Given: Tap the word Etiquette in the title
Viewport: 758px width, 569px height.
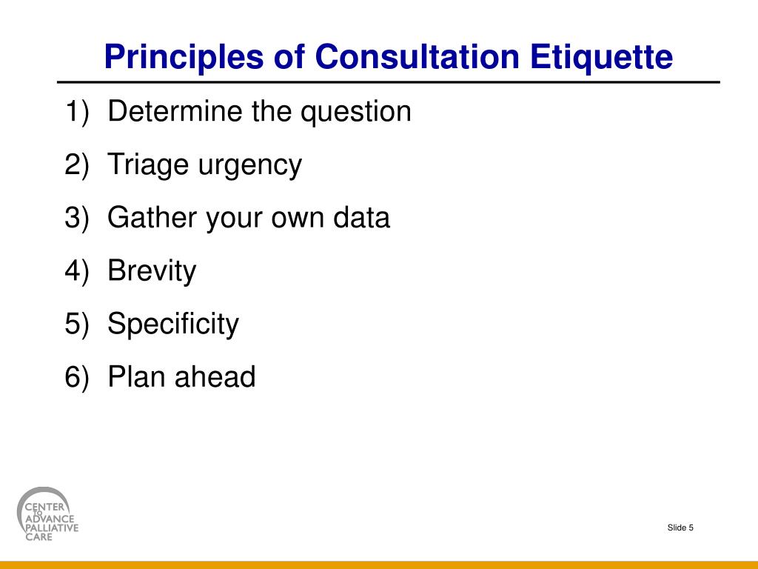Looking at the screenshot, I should (x=601, y=58).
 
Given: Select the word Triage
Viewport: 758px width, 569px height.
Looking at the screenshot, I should (x=148, y=165).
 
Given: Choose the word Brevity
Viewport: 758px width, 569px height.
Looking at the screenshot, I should (x=152, y=271).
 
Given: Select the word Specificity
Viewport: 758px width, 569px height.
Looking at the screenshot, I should (x=173, y=325).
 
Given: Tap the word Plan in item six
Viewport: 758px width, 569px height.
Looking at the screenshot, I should (x=137, y=377).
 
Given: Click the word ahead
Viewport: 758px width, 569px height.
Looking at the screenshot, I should (x=215, y=377).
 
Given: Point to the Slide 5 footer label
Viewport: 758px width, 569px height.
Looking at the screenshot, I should (x=680, y=528).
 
